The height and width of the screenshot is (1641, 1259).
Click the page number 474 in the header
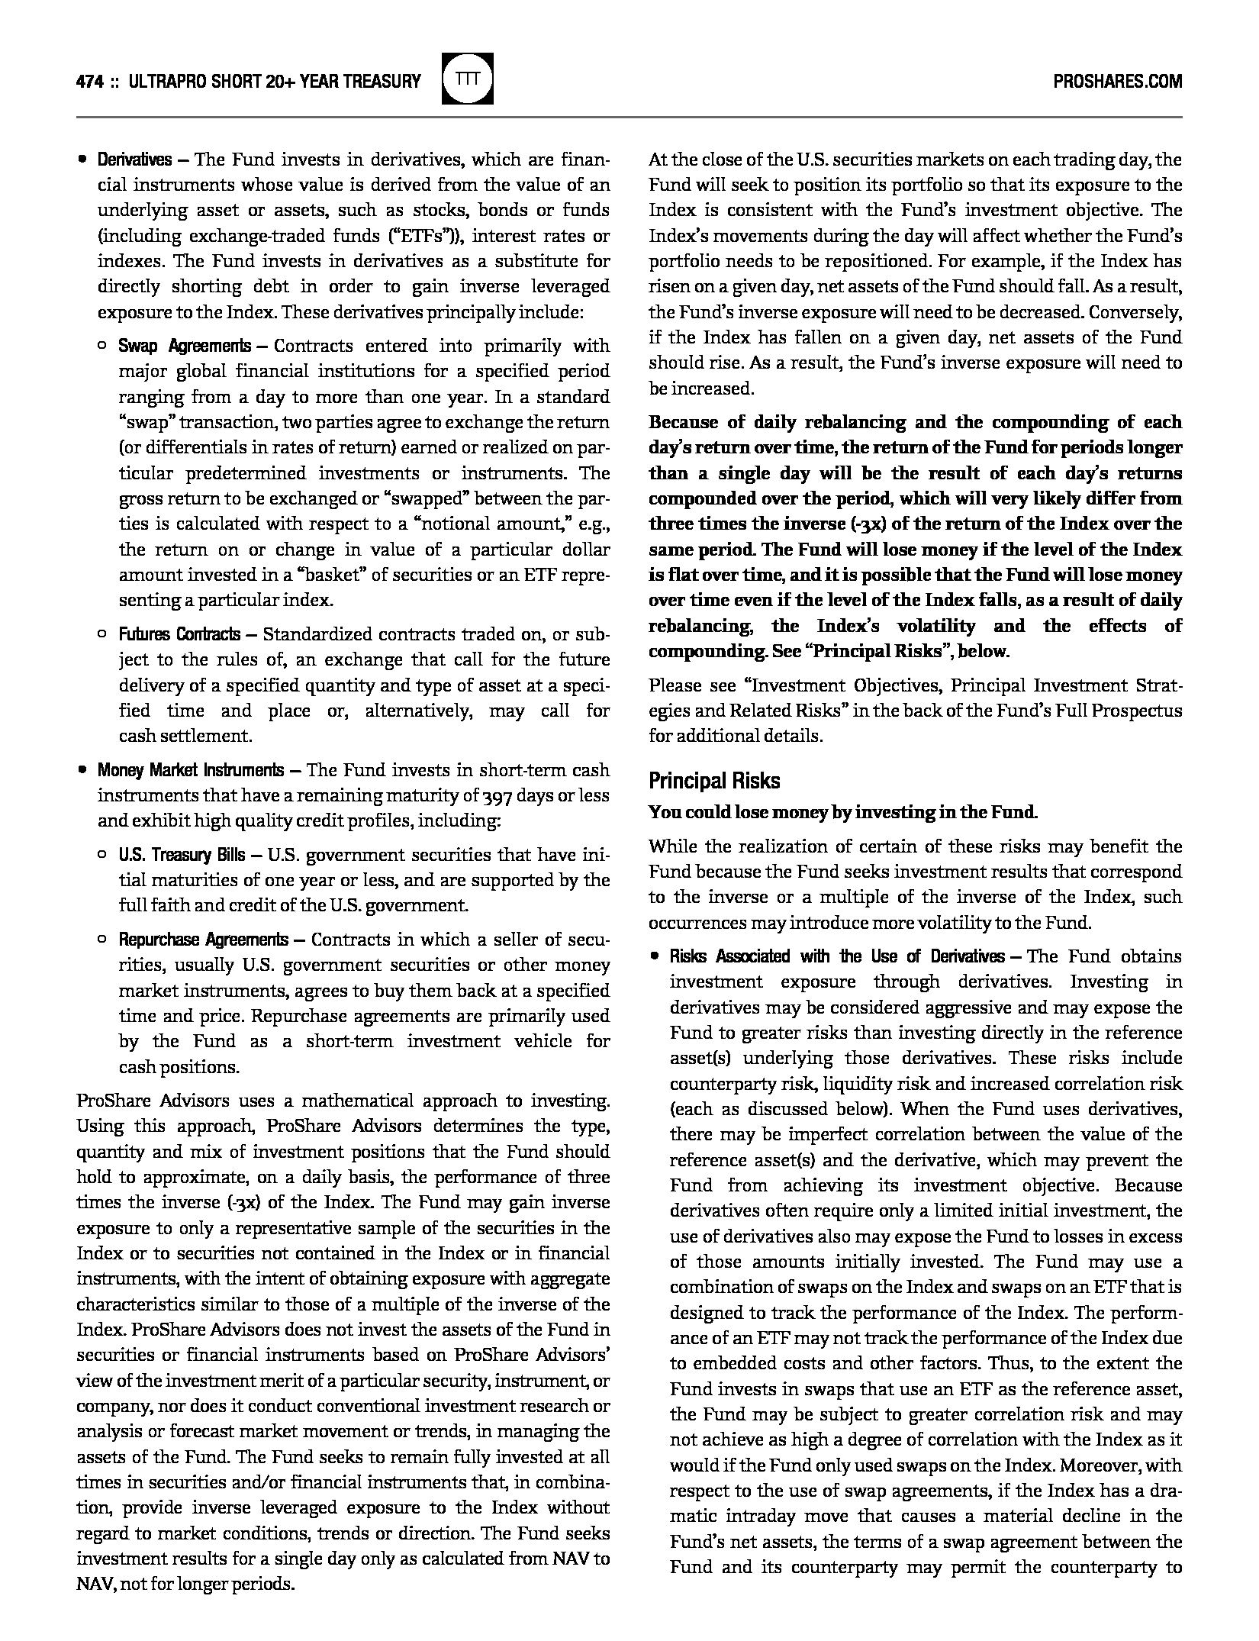click(x=90, y=81)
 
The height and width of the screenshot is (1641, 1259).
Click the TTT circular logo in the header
click(x=468, y=79)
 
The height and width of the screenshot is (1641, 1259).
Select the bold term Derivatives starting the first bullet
click(x=134, y=160)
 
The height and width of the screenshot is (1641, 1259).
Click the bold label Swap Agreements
click(x=184, y=346)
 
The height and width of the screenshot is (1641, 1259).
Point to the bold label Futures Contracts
click(x=179, y=634)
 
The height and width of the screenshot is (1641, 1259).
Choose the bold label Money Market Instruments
click(x=191, y=770)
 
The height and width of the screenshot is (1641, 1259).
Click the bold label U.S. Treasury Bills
click(x=182, y=855)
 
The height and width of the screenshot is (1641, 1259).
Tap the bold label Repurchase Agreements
click(x=203, y=940)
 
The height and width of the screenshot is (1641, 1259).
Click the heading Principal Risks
click(x=714, y=781)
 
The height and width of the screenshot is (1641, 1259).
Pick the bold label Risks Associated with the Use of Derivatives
click(x=837, y=957)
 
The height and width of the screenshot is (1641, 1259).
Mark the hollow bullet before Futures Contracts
click(x=102, y=634)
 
